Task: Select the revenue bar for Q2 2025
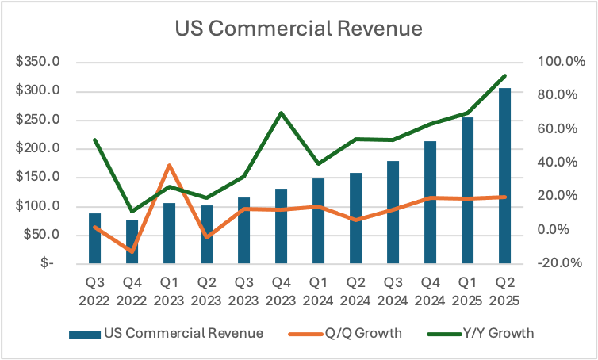click(x=504, y=175)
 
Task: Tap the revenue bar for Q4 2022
click(x=132, y=241)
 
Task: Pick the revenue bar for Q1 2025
click(x=467, y=190)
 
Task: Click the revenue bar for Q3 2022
click(x=94, y=238)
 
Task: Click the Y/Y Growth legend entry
click(x=498, y=333)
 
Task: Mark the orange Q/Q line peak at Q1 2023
click(x=169, y=166)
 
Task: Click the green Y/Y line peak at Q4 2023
click(x=281, y=113)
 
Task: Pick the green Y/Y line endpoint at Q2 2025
click(x=504, y=76)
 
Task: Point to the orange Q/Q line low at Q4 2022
click(x=132, y=251)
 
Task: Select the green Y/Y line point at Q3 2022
click(x=94, y=140)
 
